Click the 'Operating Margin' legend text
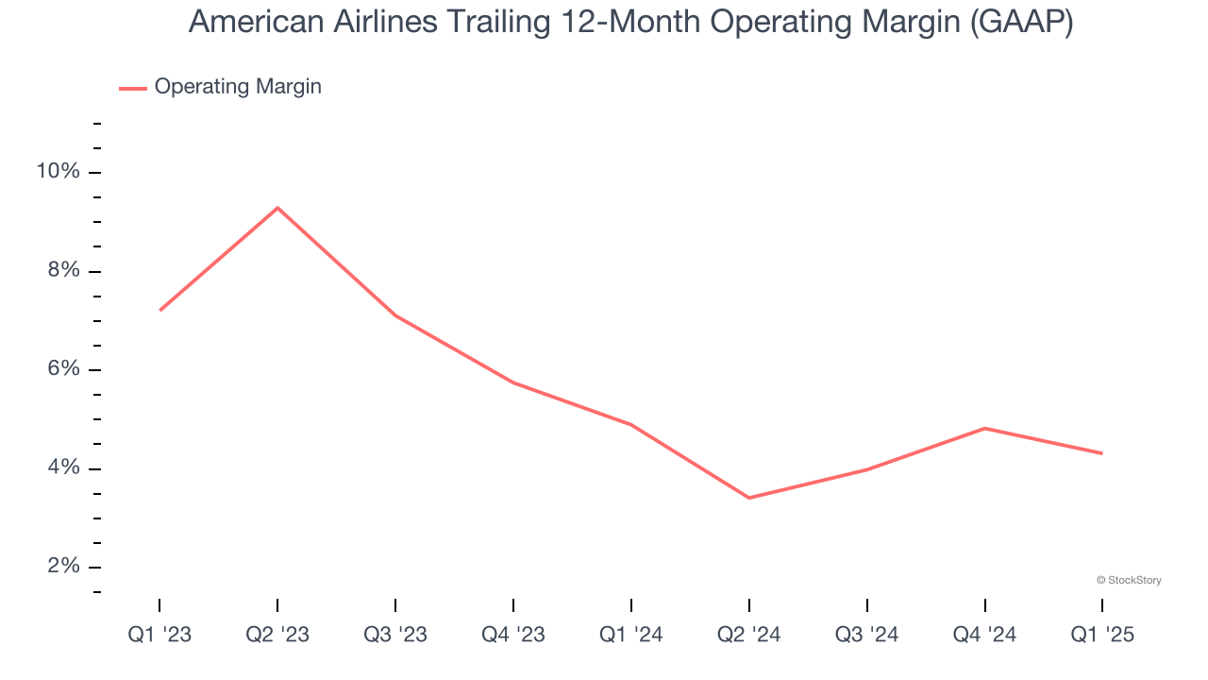pyautogui.click(x=238, y=87)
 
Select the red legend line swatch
pyautogui.click(x=133, y=88)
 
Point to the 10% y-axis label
pyautogui.click(x=58, y=172)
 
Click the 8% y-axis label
pyautogui.click(x=62, y=271)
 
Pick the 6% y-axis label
pyautogui.click(x=62, y=369)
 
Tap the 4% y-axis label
pyautogui.click(x=62, y=468)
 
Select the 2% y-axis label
pyautogui.click(x=62, y=567)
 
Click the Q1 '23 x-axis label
pyautogui.click(x=159, y=636)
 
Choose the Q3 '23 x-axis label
pyautogui.click(x=395, y=636)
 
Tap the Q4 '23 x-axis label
pyautogui.click(x=513, y=636)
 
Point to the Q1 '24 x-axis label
pyautogui.click(x=631, y=636)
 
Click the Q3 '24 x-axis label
pyautogui.click(x=867, y=636)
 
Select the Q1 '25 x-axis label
pyautogui.click(x=1102, y=636)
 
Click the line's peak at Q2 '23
pyautogui.click(x=277, y=208)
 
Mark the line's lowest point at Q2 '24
pyautogui.click(x=748, y=498)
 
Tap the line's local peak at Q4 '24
pyautogui.click(x=984, y=428)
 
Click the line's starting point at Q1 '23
pyautogui.click(x=160, y=310)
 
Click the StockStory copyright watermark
pyautogui.click(x=1129, y=580)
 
